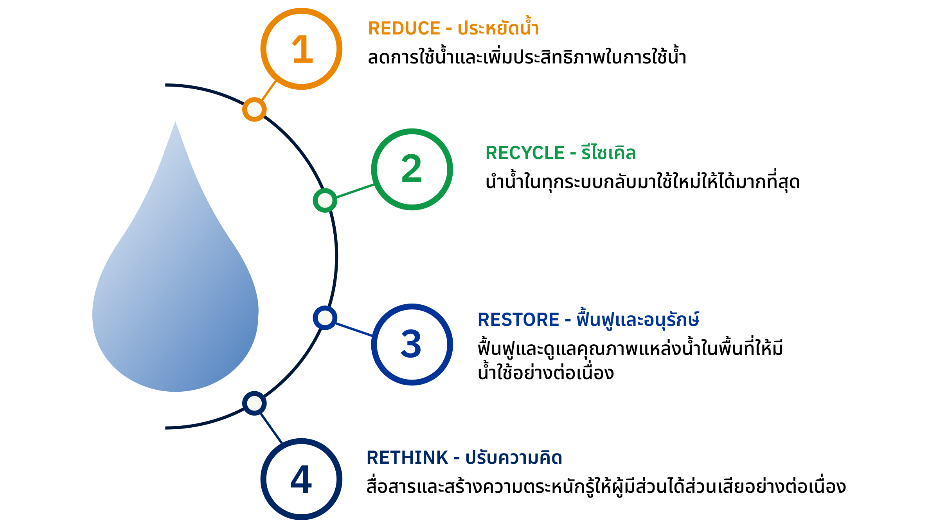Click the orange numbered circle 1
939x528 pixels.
pos(301,49)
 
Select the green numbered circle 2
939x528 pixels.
pos(412,169)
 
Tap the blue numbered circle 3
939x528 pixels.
pos(412,344)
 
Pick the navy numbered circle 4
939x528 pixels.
pos(301,479)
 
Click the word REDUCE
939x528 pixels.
pos(404,29)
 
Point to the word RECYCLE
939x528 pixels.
pos(525,153)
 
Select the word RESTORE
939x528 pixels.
pos(518,320)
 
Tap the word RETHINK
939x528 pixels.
pos(407,457)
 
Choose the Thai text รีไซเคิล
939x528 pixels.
pos(608,152)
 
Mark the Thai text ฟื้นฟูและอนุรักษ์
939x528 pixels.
pos(638,319)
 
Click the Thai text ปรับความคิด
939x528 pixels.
pos(513,457)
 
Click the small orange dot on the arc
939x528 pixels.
pos(254,109)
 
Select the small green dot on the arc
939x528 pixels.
pos(325,200)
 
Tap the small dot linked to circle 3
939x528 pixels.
pos(325,318)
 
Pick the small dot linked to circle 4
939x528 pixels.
pos(254,403)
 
